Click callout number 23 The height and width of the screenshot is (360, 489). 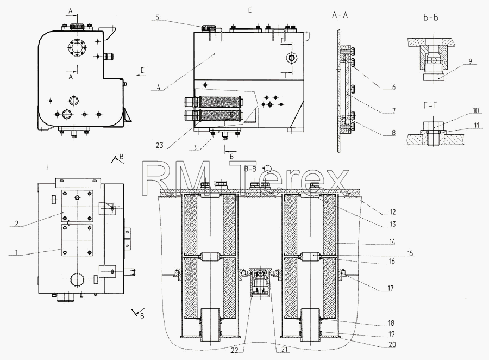click(160, 145)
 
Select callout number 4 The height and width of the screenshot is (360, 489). click(159, 88)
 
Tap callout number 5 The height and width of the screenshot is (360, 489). click(158, 17)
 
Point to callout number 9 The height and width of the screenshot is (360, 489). click(471, 61)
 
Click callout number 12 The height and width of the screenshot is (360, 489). click(392, 212)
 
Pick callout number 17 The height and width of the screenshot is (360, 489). click(391, 288)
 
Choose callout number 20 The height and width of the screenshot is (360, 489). click(392, 344)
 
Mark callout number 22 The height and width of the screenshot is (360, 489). click(235, 350)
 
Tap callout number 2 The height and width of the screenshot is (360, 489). click(17, 224)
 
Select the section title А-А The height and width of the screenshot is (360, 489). click(340, 15)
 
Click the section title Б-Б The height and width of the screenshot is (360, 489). click(431, 17)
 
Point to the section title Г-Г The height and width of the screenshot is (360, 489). click(430, 106)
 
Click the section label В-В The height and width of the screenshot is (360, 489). click(250, 169)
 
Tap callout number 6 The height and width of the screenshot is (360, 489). click(394, 87)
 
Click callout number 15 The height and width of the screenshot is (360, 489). click(410, 253)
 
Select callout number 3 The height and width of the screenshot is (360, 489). click(195, 147)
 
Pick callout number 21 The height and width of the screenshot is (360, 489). click(284, 350)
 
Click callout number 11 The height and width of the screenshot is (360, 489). click(477, 126)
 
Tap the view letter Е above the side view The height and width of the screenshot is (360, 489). click(250, 10)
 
